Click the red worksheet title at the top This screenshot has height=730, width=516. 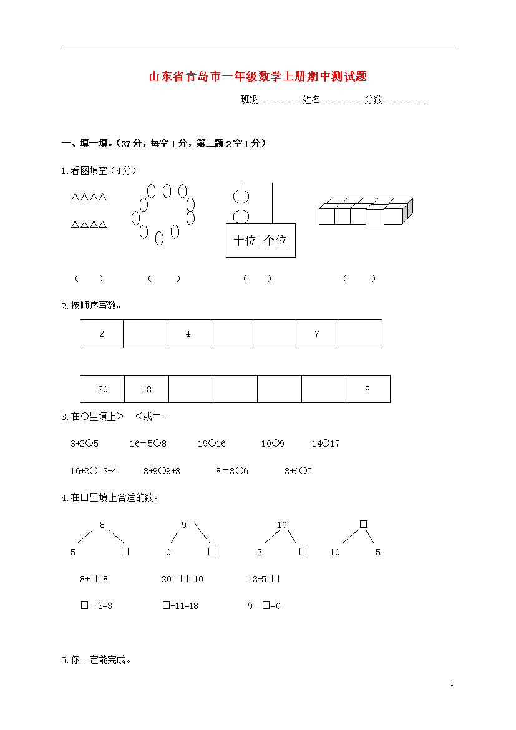click(258, 77)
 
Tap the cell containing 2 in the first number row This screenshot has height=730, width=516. click(102, 334)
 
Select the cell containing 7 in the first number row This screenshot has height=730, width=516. click(317, 334)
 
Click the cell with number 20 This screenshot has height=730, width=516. click(103, 389)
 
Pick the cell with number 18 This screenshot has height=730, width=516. click(147, 389)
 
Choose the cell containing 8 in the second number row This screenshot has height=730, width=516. click(368, 389)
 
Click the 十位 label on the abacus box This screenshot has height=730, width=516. click(245, 240)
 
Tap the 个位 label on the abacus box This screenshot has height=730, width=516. click(275, 240)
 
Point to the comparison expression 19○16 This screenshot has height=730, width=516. click(212, 444)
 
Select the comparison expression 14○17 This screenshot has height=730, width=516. click(326, 444)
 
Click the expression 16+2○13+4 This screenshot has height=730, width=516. click(94, 471)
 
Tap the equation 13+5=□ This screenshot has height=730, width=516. click(263, 579)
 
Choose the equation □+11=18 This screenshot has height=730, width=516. click(180, 606)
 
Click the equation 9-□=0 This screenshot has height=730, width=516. click(264, 606)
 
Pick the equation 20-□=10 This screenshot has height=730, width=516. click(182, 579)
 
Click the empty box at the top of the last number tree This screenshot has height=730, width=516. click(363, 524)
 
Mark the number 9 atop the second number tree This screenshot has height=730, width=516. click(184, 525)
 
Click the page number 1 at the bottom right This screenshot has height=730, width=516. click(452, 683)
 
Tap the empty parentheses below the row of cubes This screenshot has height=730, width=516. click(359, 278)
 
